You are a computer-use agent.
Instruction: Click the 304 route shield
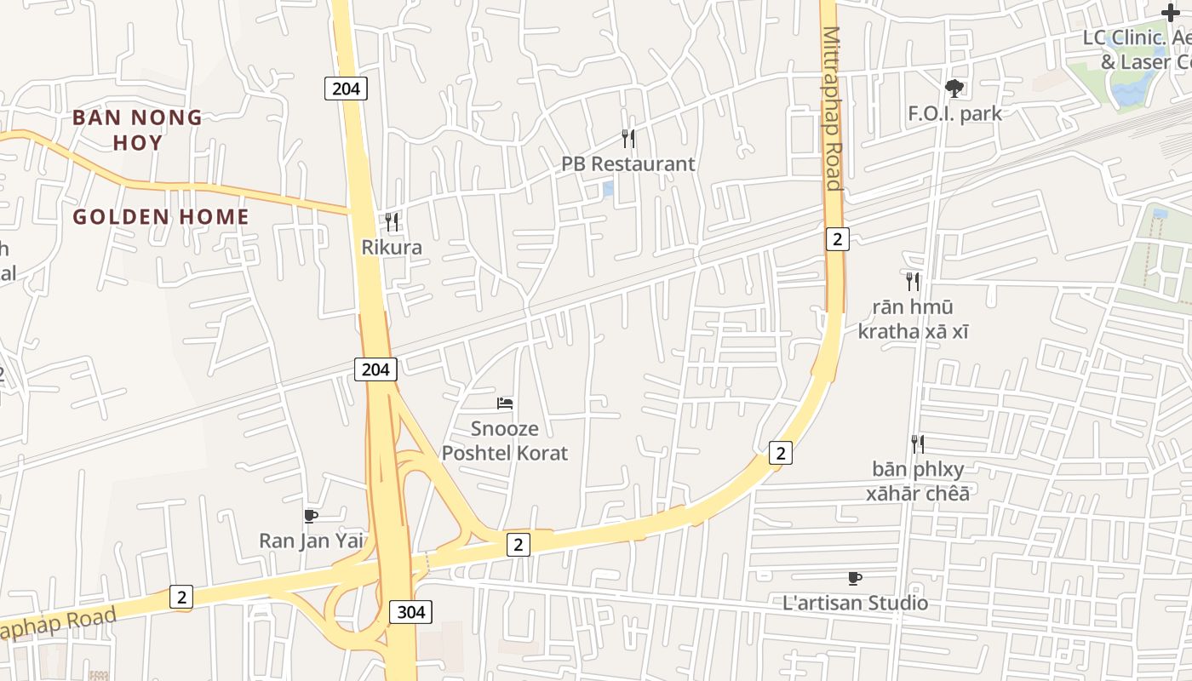click(411, 611)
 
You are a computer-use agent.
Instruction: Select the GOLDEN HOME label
click(161, 217)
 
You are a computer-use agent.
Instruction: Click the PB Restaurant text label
click(628, 163)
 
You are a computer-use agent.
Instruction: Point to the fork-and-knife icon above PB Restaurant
click(628, 138)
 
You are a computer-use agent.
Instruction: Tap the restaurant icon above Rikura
click(392, 222)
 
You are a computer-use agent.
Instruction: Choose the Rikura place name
click(392, 248)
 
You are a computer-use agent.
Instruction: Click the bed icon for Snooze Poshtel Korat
click(505, 403)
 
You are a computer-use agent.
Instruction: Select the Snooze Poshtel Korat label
click(505, 440)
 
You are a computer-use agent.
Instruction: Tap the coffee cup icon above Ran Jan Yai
click(311, 516)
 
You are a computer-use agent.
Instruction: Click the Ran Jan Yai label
click(311, 541)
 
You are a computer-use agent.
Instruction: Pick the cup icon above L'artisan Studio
click(855, 579)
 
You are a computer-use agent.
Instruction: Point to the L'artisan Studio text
click(855, 604)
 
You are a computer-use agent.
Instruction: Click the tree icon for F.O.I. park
click(954, 87)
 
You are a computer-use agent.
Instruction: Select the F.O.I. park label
click(954, 113)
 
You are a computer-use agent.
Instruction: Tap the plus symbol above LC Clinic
click(1171, 13)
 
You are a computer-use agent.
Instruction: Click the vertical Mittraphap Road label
click(832, 109)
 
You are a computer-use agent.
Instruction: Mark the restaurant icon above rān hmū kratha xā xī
click(913, 282)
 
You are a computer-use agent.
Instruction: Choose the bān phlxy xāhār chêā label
click(917, 481)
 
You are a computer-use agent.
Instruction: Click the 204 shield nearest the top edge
click(346, 88)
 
